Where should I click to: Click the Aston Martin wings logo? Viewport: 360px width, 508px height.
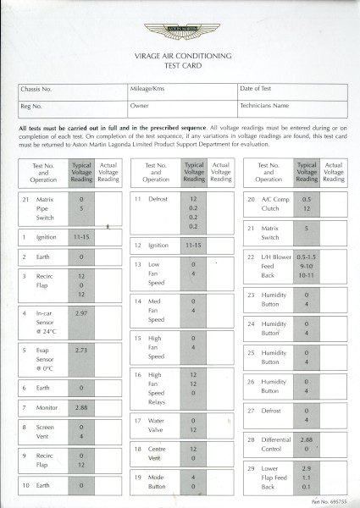[180, 31]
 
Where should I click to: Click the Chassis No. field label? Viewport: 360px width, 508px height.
[36, 88]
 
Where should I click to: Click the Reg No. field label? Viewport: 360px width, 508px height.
[32, 106]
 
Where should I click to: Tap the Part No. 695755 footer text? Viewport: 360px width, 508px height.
[329, 500]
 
